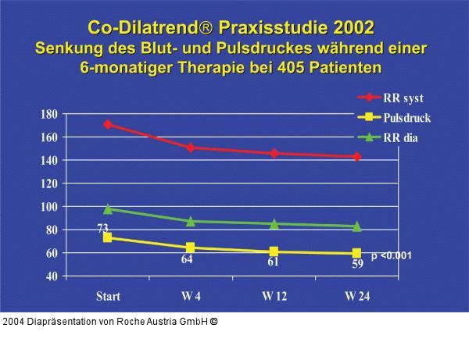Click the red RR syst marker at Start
(x=108, y=124)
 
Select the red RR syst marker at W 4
(x=192, y=147)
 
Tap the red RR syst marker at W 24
(x=357, y=156)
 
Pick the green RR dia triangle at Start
(x=108, y=209)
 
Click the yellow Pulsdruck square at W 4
(x=192, y=248)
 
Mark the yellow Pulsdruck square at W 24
(x=357, y=253)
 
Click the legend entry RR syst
(x=403, y=98)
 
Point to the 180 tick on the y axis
(x=48, y=114)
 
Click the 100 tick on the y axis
(x=48, y=207)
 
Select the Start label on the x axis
(x=108, y=297)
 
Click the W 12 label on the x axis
(x=274, y=297)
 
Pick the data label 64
(x=188, y=260)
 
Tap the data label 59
(x=356, y=265)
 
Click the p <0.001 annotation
(x=392, y=255)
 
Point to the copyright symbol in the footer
(x=213, y=321)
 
